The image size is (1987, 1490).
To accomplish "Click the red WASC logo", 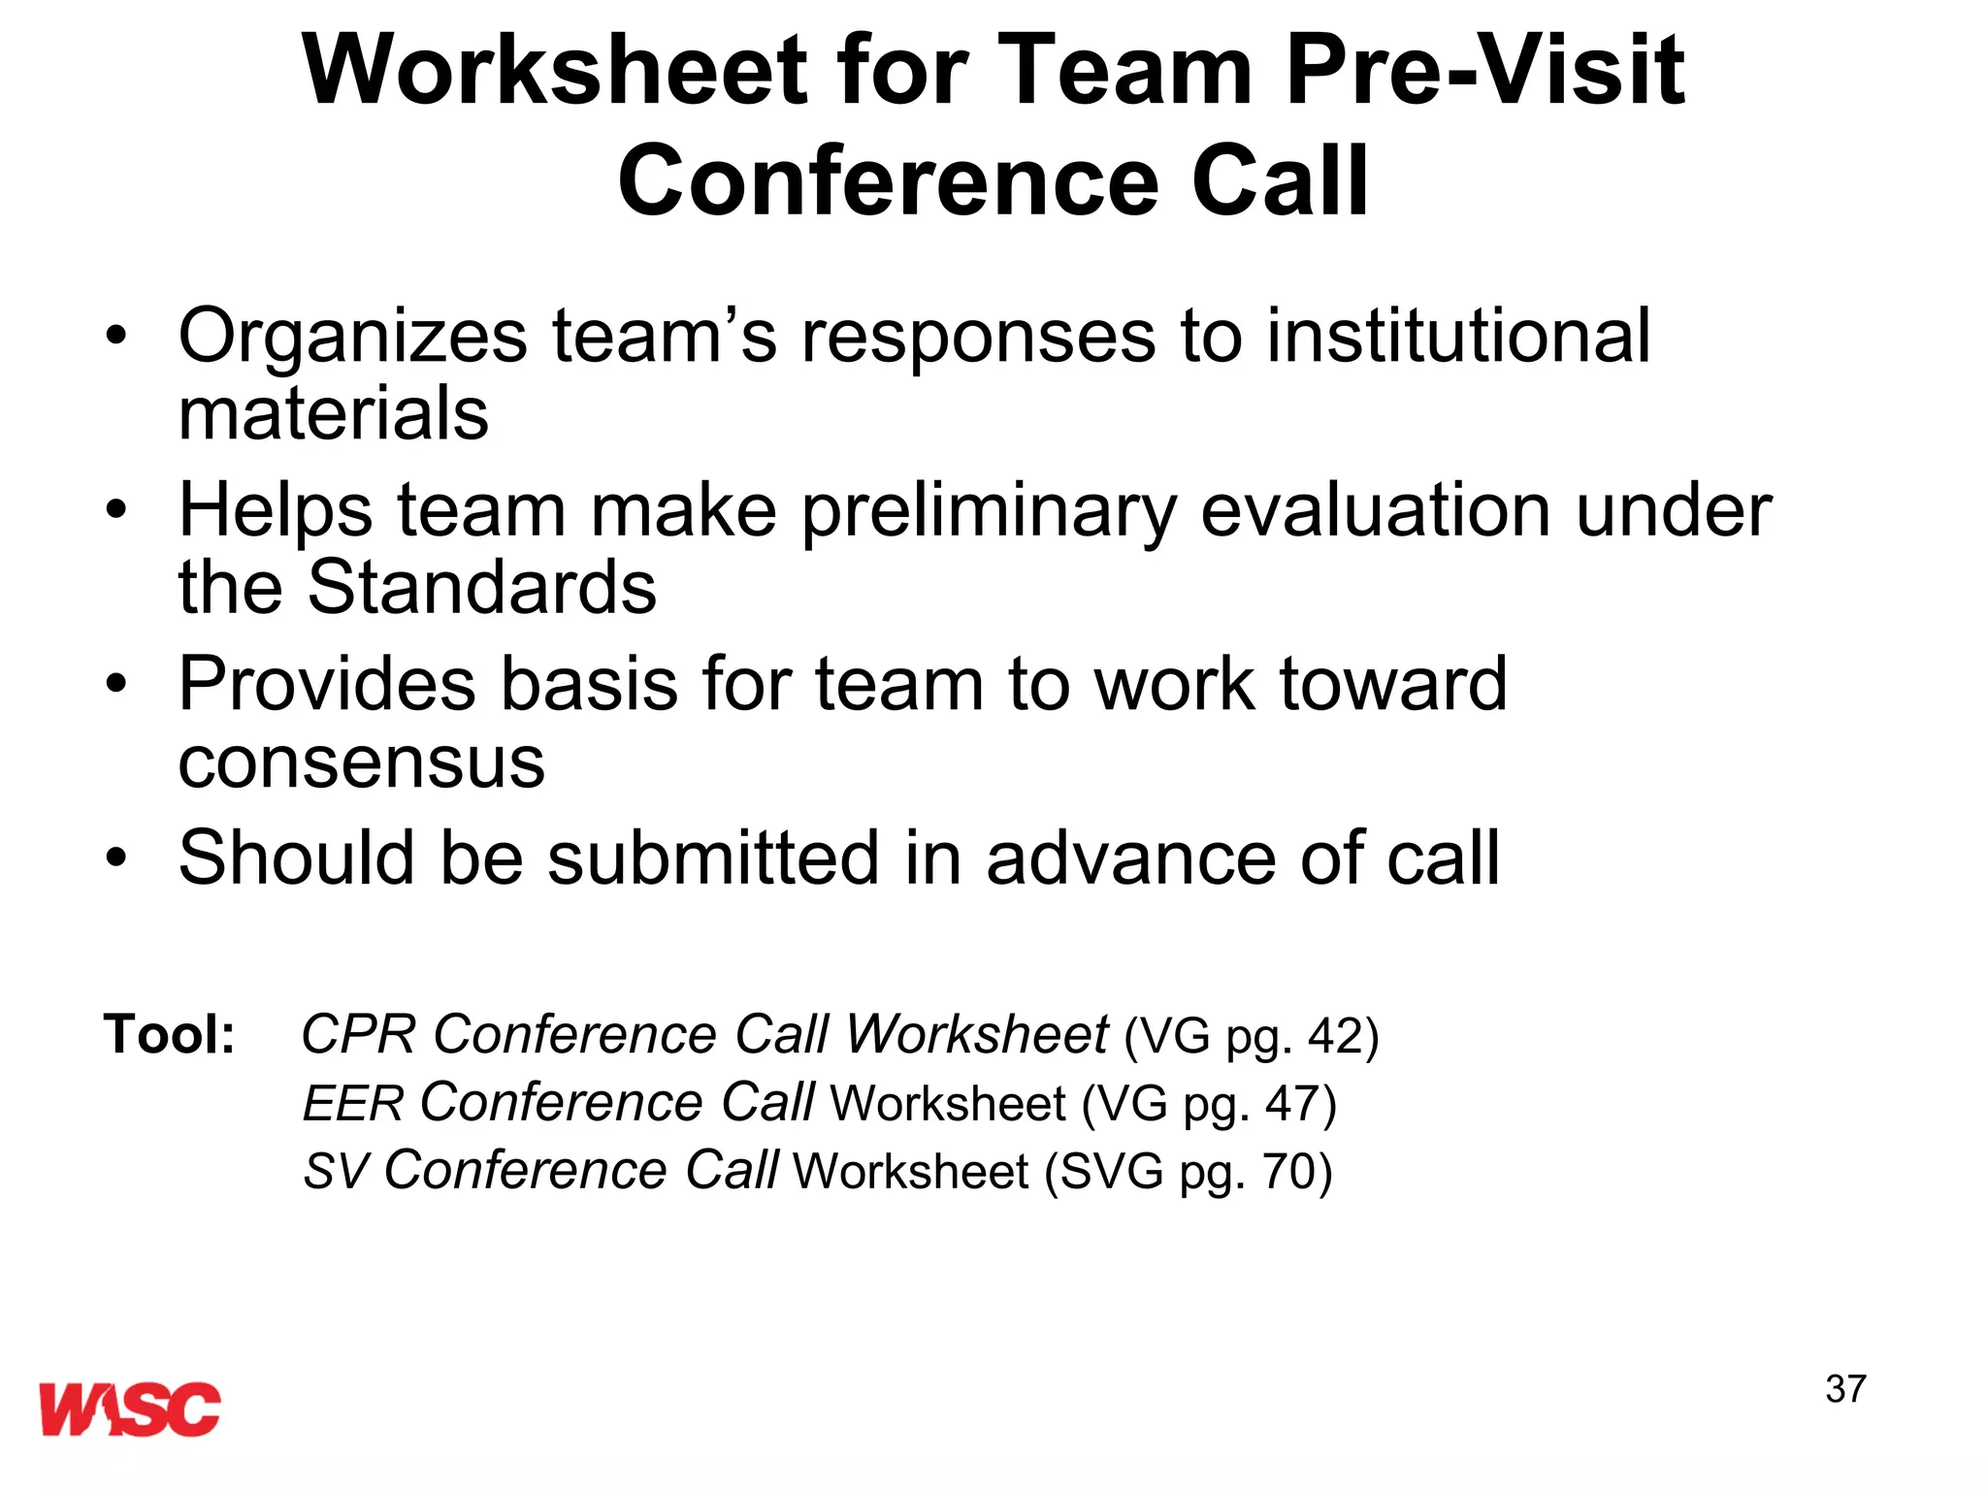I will coord(130,1409).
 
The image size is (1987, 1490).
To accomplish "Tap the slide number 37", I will coord(1845,1389).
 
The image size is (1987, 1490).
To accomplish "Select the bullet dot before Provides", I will coord(117,685).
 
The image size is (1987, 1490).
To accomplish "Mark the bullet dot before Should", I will coord(117,858).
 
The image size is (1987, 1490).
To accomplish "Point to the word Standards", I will coord(482,588).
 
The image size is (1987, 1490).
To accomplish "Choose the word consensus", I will coord(362,762).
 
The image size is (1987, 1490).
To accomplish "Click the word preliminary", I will coord(989,511).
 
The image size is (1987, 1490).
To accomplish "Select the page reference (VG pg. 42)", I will coord(1251,1036).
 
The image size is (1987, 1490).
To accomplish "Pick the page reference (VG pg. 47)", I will coord(1209,1104).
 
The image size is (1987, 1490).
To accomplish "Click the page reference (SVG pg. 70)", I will coord(1188,1172).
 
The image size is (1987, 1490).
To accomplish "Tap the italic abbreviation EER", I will coord(353,1104).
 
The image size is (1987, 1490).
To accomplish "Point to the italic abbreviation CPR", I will coord(358,1034).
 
